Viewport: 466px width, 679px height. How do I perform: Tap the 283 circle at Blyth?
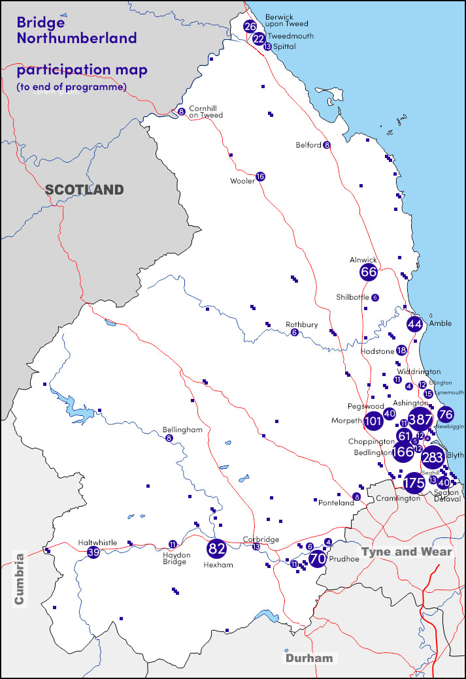[433, 458]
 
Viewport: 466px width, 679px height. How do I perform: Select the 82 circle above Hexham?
[216, 548]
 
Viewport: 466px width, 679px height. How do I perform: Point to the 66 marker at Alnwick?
[369, 272]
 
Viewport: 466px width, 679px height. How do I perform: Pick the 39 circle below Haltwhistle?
[93, 552]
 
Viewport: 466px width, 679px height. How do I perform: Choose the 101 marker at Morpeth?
[373, 421]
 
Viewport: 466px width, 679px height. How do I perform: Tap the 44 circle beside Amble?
[414, 324]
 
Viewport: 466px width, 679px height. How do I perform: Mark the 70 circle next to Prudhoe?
[318, 559]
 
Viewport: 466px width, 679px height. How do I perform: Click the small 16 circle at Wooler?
[261, 176]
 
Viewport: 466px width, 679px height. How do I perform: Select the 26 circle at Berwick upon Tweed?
[250, 27]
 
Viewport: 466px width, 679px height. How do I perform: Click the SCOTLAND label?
[84, 190]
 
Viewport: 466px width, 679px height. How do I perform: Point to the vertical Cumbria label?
[19, 578]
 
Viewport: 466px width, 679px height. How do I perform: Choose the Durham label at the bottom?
[308, 658]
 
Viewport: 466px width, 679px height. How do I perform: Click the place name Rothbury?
[302, 324]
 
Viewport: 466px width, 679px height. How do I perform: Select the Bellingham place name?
[178, 430]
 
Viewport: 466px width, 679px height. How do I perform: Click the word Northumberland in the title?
[77, 37]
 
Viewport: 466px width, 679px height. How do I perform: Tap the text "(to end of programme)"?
[71, 86]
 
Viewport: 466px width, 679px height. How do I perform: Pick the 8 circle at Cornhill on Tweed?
[181, 112]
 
